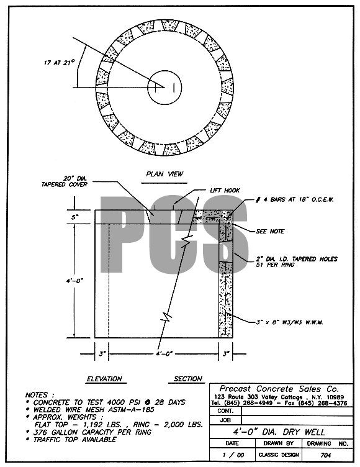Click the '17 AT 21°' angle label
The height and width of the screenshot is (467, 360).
59,63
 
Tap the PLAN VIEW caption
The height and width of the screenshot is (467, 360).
164,174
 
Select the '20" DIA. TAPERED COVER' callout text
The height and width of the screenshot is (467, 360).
65,181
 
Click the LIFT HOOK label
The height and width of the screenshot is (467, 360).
225,190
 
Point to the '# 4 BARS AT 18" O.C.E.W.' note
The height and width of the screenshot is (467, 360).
295,199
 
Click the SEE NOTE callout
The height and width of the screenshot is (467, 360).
270,232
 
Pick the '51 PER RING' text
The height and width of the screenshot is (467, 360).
275,265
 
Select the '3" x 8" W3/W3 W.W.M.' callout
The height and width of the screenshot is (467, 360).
290,322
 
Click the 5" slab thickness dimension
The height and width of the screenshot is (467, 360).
74,217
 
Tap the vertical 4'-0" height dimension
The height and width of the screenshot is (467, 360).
74,281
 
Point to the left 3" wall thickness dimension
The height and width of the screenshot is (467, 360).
102,354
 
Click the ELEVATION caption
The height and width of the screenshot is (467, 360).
104,379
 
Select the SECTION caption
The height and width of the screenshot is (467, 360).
188,379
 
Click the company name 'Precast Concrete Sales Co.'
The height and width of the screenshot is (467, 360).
279,389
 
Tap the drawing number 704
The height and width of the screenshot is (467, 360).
325,455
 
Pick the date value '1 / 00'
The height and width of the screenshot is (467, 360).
233,455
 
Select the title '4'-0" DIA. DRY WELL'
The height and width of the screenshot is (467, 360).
279,432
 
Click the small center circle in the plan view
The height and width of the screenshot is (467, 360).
164,88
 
